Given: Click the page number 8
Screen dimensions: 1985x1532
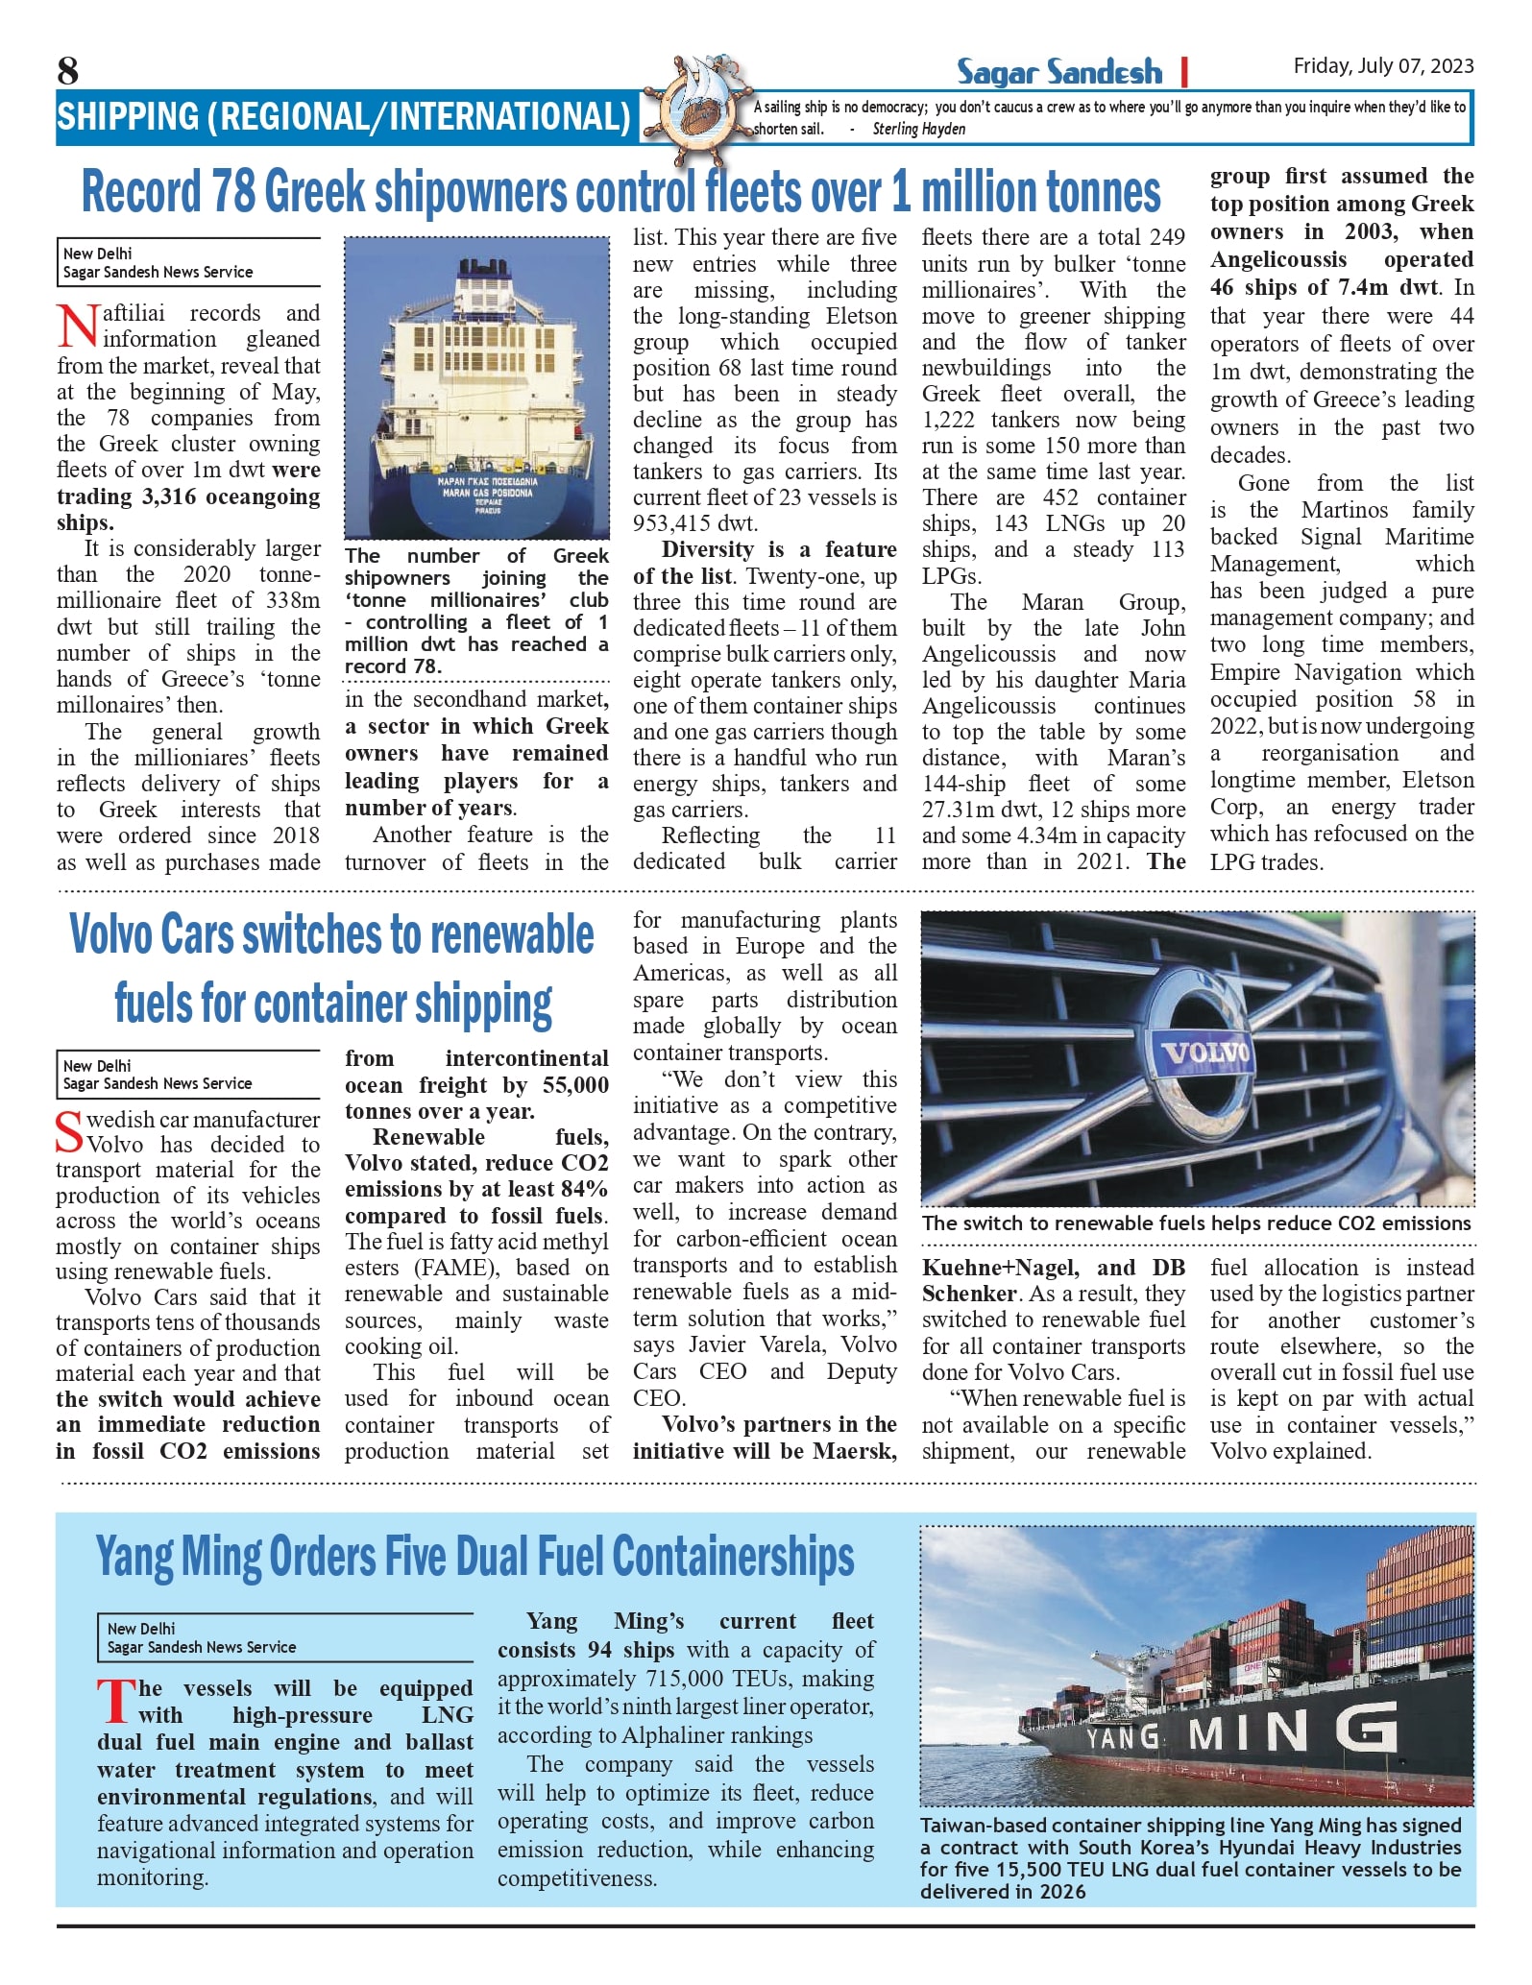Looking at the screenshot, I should tap(67, 71).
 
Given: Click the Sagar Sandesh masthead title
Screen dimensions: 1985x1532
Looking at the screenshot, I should tap(1058, 72).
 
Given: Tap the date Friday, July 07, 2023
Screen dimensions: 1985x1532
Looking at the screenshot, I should tap(1383, 65).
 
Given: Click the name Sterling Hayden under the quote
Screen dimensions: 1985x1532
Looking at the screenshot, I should tap(919, 129).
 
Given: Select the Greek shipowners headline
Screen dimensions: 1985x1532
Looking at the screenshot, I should tap(620, 192).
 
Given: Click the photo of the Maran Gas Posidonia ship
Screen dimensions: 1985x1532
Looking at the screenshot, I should tap(476, 387).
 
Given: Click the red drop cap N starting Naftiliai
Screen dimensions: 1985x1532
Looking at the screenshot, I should tap(77, 326).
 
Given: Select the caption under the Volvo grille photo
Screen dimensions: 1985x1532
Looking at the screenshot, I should tap(1196, 1223).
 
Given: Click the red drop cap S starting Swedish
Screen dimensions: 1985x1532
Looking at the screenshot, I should tap(70, 1131).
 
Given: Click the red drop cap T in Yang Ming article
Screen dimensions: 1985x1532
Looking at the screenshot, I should tap(115, 1701).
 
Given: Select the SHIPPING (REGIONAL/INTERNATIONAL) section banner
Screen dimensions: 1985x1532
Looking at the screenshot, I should tap(343, 117).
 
